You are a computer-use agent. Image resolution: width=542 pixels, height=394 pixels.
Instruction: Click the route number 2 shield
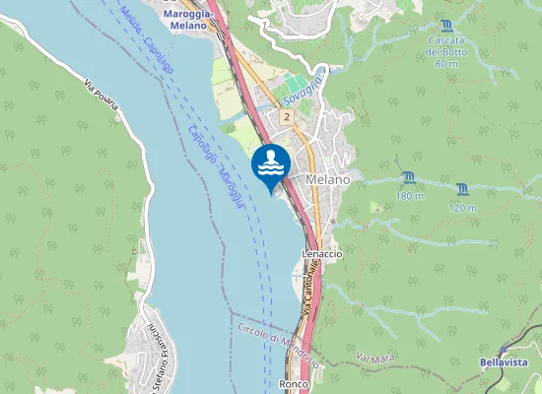click(x=286, y=117)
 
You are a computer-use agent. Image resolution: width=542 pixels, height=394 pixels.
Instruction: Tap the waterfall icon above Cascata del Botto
click(x=447, y=25)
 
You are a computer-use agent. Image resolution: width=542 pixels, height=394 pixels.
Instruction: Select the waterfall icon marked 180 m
click(x=409, y=177)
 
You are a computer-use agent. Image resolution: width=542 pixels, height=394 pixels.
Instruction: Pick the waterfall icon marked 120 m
click(x=462, y=187)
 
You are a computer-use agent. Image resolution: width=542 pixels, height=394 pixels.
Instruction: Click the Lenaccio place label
click(x=321, y=253)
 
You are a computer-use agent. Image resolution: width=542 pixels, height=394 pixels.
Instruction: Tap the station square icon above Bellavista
click(x=503, y=350)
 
